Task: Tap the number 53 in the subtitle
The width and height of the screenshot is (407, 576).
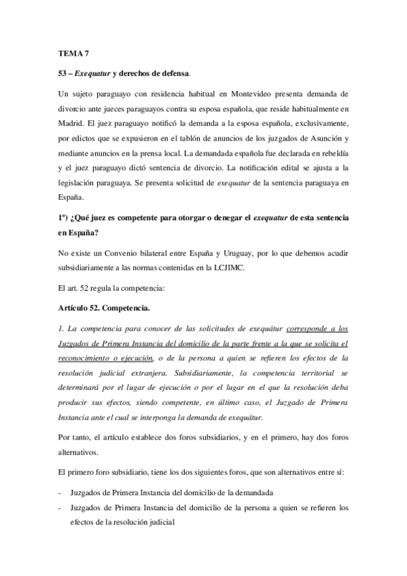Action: pos(63,72)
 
